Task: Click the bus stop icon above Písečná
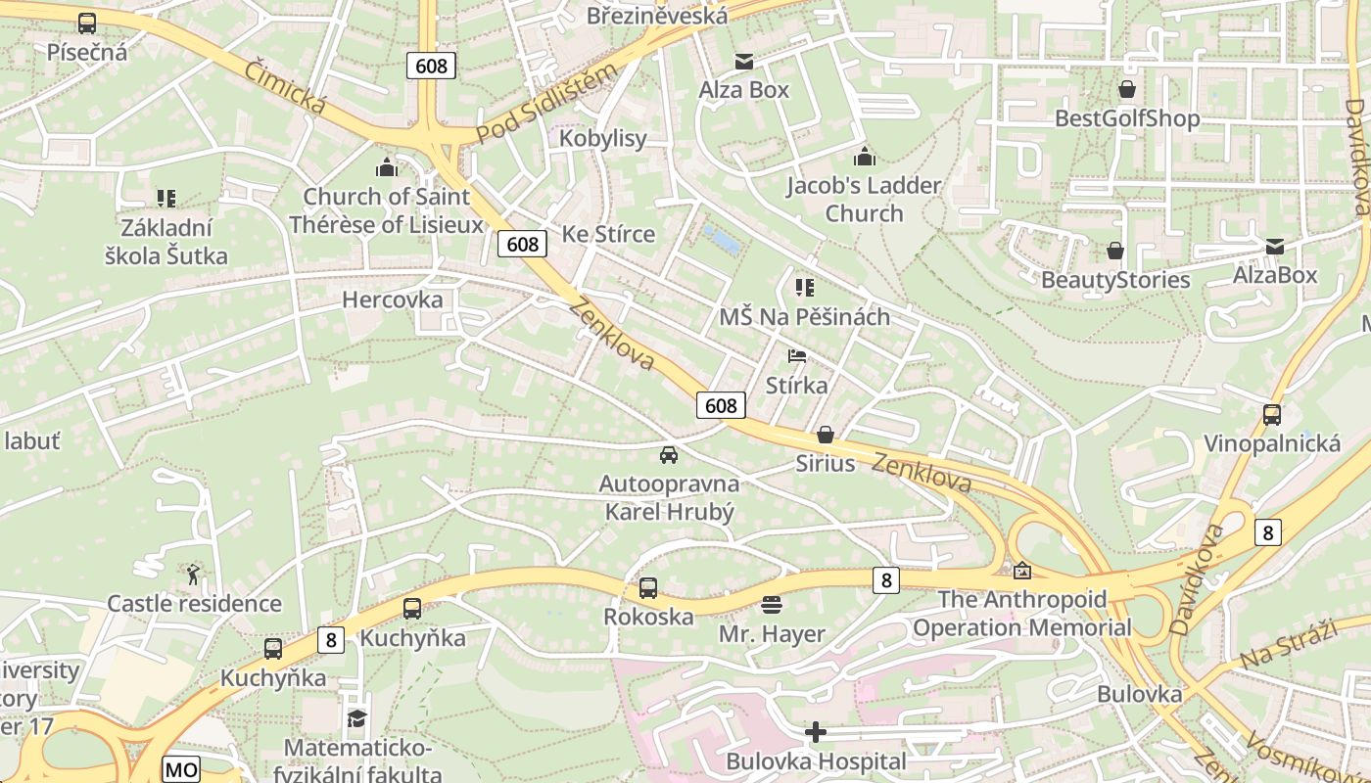87,23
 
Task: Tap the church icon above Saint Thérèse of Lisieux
387,167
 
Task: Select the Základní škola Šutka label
166,243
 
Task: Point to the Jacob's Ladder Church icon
864,156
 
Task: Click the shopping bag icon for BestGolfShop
1127,90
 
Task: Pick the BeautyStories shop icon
1114,252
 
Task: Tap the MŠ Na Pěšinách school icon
804,288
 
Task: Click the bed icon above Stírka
797,356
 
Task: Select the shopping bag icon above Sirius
826,435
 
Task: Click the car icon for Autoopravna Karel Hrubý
669,455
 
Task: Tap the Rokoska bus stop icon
648,588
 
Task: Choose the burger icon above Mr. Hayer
772,605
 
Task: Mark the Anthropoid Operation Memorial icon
1022,571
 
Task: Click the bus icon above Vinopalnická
1271,415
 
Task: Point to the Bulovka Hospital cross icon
816,732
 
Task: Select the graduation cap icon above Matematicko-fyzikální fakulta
356,719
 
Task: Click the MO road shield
180,770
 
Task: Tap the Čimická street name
284,86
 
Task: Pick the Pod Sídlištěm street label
547,103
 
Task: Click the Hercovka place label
392,299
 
